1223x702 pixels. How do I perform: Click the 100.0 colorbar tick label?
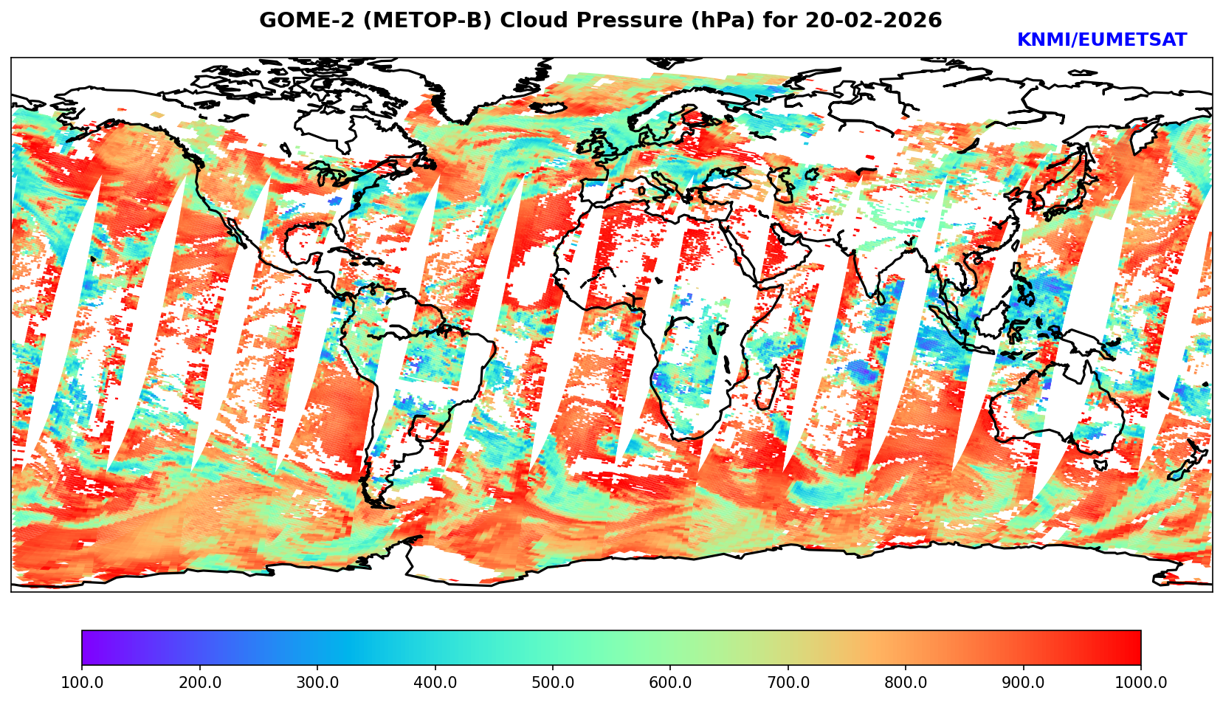[81, 683]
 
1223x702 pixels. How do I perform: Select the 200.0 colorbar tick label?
[199, 683]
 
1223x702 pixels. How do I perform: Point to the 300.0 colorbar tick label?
[317, 683]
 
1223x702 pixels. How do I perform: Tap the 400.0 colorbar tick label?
[435, 683]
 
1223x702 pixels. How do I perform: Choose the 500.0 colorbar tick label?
[552, 683]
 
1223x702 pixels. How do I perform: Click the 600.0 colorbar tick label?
[670, 683]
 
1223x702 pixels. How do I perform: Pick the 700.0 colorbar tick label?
[788, 683]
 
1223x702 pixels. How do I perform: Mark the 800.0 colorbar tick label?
[906, 683]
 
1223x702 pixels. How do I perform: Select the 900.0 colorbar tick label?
[1023, 683]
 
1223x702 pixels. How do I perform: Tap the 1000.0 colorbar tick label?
[1140, 683]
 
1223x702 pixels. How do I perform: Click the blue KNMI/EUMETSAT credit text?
[1101, 41]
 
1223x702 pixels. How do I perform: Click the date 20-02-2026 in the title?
[873, 21]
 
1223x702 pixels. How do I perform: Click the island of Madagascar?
[768, 388]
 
